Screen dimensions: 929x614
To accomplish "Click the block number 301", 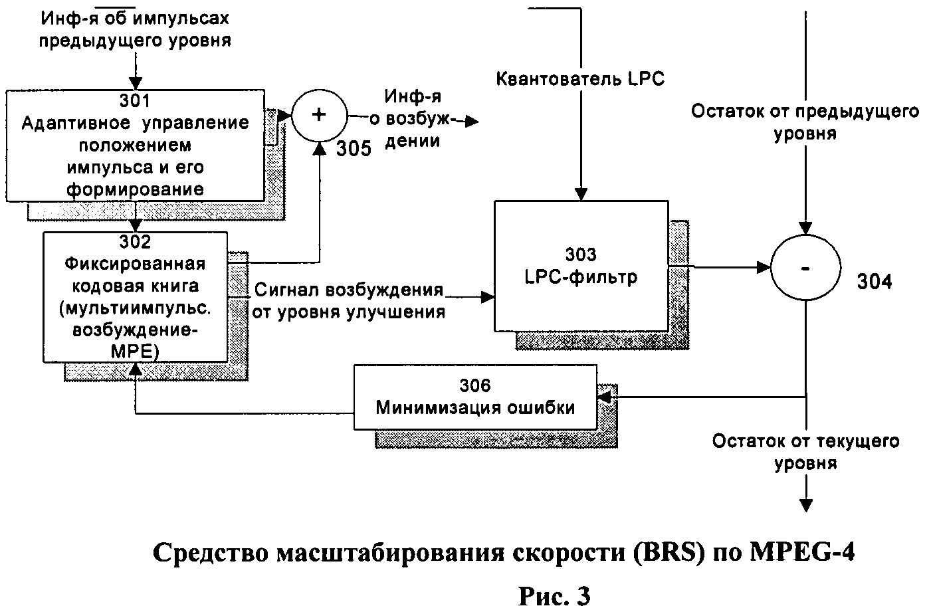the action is pos(135,101).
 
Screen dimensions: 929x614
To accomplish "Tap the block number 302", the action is pos(135,242).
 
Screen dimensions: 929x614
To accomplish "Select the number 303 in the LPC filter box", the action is pos(581,255).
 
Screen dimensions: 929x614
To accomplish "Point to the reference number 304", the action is pos(875,282).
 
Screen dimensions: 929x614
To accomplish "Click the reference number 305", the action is pos(354,149).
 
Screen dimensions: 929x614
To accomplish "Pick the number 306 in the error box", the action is pos(475,385).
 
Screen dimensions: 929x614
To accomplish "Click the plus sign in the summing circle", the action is pos(318,114).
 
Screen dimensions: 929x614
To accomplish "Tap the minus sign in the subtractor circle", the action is pos(805,269).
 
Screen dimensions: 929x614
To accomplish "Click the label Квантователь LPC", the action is pos(580,79).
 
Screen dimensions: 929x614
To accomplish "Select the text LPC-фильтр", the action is pos(581,277).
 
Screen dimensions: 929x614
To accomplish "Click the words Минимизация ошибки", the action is pos(475,408).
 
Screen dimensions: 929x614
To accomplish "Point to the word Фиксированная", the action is pos(135,264).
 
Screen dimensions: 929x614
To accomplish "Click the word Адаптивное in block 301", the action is pos(76,123).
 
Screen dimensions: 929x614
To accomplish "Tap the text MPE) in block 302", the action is pos(135,352).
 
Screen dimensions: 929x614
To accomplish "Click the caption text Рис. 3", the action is pos(554,597).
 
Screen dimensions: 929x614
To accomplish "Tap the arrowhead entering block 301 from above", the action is pos(136,83).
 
